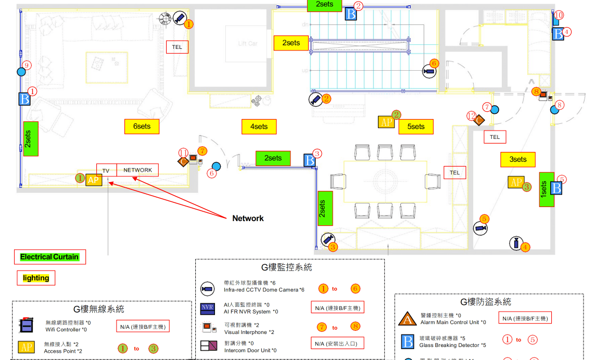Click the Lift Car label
pyautogui.click(x=248, y=44)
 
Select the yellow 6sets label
pyautogui.click(x=142, y=126)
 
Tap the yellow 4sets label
pyautogui.click(x=259, y=126)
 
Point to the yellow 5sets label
pyautogui.click(x=416, y=126)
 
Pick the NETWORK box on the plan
pyautogui.click(x=137, y=170)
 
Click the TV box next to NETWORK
pyautogui.click(x=106, y=171)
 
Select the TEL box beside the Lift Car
pyautogui.click(x=177, y=47)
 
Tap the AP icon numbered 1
pyautogui.click(x=93, y=180)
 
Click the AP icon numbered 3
pyautogui.click(x=516, y=182)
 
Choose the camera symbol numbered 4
pyautogui.click(x=516, y=243)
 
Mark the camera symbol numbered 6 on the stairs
pyautogui.click(x=429, y=71)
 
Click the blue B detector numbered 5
pyautogui.click(x=556, y=188)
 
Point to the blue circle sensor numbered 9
pyautogui.click(x=21, y=72)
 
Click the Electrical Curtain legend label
pyautogui.click(x=49, y=256)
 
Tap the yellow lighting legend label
pyautogui.click(x=36, y=278)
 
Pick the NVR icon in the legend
pyautogui.click(x=207, y=308)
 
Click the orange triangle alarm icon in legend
pyautogui.click(x=407, y=318)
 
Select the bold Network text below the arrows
pyautogui.click(x=248, y=218)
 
